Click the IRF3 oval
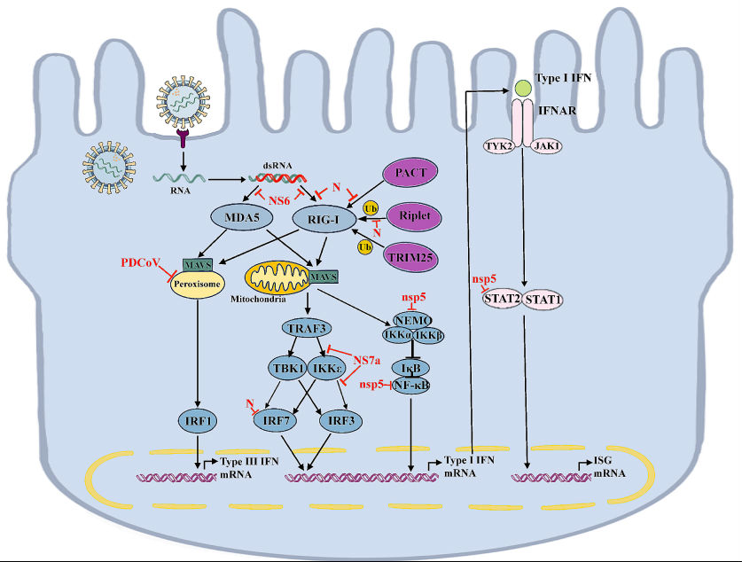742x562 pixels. pos(344,419)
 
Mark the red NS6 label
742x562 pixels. pos(280,201)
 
